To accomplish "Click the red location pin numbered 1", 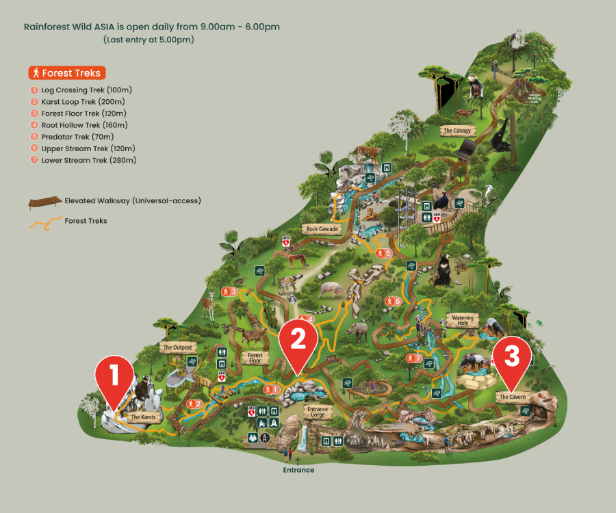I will click(x=114, y=378).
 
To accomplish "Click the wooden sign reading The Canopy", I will click(x=457, y=131).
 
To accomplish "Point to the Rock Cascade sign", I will click(x=322, y=229).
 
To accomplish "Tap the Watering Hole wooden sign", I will click(x=462, y=318).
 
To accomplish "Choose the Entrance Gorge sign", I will click(x=318, y=412).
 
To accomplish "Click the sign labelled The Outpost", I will click(x=177, y=347).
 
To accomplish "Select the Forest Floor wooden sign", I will click(x=255, y=358).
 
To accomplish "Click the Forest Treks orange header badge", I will click(x=67, y=73).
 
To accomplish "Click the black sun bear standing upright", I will click(x=444, y=270).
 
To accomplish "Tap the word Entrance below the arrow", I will click(x=299, y=470).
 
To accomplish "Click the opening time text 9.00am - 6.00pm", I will click(x=240, y=27).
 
